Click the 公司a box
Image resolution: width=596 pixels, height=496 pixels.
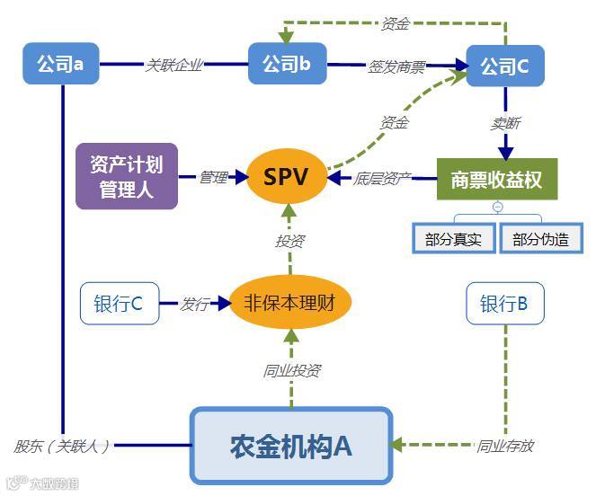coord(60,64)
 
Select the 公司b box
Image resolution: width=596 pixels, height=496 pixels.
coord(286,64)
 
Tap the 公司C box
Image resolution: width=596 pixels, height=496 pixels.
coord(504,66)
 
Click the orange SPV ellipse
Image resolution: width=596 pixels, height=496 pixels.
coord(286,177)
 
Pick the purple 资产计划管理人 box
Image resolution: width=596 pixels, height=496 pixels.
coord(127,176)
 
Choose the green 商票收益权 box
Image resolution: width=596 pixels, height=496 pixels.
coord(496,179)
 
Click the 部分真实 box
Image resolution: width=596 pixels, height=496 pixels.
coord(453,239)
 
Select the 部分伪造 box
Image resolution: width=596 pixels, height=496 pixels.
coord(541,239)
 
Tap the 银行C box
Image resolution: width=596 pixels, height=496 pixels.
coord(119,304)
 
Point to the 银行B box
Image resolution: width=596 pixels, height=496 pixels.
coord(504,304)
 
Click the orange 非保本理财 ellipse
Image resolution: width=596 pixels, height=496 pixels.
coord(289,303)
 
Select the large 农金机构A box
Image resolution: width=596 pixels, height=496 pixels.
coord(291,446)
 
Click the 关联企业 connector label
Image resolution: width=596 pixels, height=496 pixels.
coord(174,65)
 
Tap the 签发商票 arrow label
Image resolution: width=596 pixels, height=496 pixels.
coord(396,66)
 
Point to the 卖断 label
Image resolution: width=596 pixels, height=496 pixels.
coord(504,123)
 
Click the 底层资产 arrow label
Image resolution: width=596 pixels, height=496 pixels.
coord(382,179)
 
